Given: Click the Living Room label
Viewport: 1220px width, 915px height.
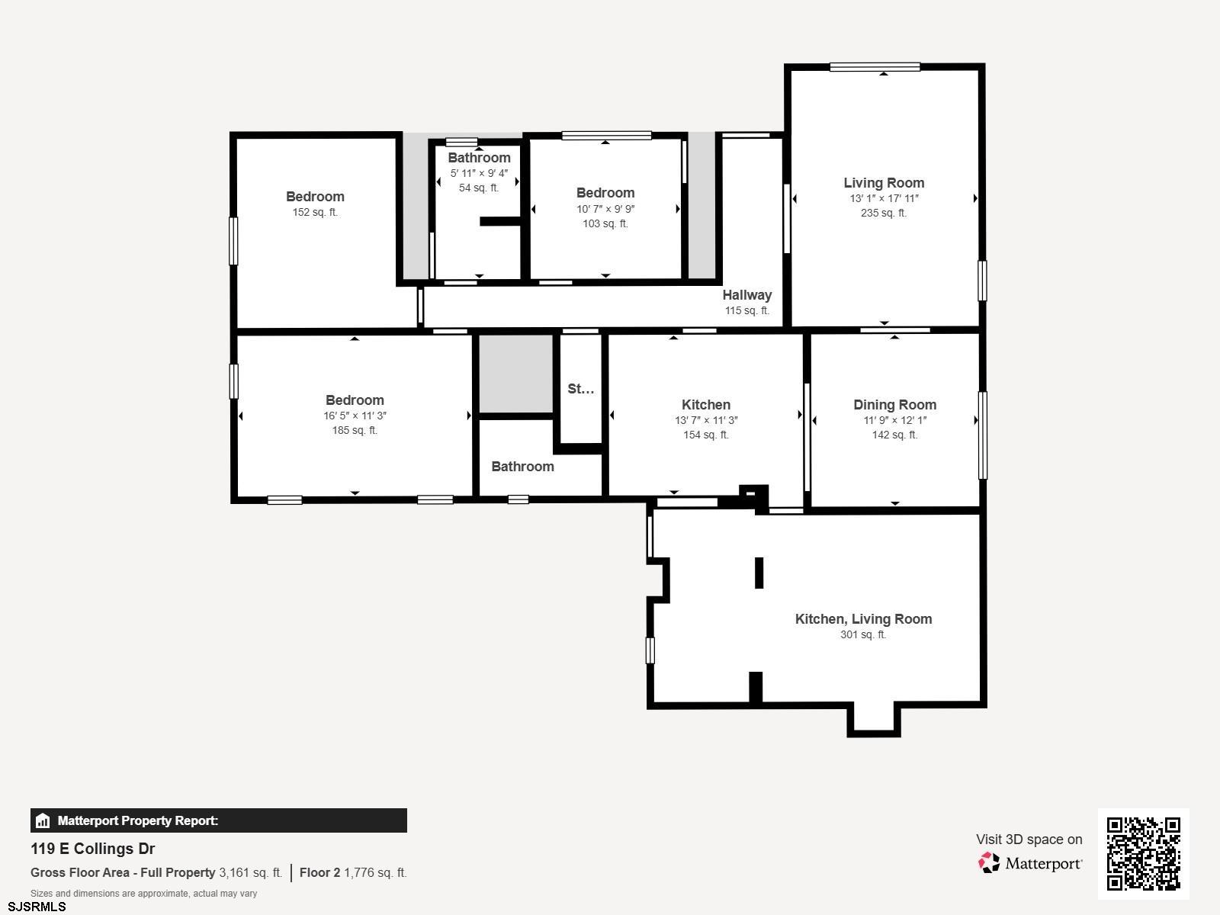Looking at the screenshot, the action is pos(884,183).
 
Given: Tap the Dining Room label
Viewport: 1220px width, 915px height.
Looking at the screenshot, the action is pos(895,404).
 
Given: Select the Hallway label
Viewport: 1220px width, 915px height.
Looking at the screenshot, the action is pos(747,295).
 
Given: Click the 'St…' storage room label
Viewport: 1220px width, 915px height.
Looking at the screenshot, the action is pos(581,388).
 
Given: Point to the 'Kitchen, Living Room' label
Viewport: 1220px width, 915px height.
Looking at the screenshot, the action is pos(863,619).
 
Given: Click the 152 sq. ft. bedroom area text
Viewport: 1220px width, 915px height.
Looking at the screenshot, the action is pos(315,212).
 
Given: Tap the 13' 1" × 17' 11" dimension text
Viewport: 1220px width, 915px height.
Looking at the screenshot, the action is pos(884,198).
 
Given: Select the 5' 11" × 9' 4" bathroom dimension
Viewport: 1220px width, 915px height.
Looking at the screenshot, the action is pos(479,173).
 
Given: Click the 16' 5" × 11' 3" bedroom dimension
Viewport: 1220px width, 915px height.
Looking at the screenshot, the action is pos(355,416).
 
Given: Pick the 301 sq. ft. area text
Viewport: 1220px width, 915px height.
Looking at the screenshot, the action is pos(863,634).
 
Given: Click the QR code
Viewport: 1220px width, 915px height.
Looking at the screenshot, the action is pos(1143,853).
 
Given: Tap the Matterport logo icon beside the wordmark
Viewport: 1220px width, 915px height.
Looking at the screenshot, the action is pos(989,863).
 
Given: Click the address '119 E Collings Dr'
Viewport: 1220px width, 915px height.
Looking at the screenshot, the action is pos(92,849).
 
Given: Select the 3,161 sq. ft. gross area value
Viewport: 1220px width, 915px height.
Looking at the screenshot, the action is pos(250,873).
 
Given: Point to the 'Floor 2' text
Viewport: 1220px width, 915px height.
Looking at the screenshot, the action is pos(319,873).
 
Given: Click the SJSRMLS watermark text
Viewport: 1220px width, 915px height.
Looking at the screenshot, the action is pos(37,907).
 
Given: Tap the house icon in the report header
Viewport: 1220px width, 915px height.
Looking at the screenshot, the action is pos(43,820).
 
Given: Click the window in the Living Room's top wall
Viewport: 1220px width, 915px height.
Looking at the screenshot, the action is pos(875,67).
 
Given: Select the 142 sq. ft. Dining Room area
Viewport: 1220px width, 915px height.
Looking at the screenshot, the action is pos(895,435).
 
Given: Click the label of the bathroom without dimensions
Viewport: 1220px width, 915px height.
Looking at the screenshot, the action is pos(522,467).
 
